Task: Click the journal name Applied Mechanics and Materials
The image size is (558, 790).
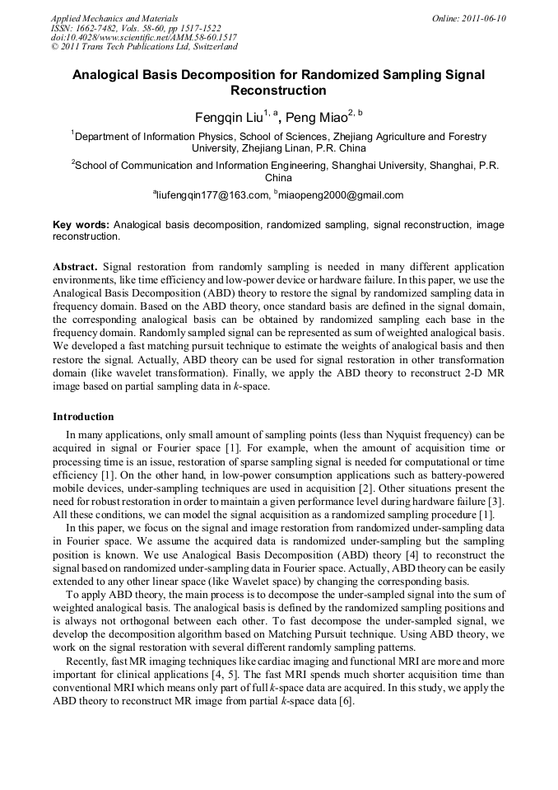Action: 114,18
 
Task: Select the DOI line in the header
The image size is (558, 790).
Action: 143,38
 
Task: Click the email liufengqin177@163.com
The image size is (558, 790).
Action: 213,195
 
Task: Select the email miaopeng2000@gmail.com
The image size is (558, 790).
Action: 342,195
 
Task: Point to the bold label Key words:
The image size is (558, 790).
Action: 81,225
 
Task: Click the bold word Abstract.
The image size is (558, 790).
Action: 74,268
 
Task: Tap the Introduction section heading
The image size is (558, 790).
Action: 83,417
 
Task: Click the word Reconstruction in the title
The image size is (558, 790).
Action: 278,91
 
